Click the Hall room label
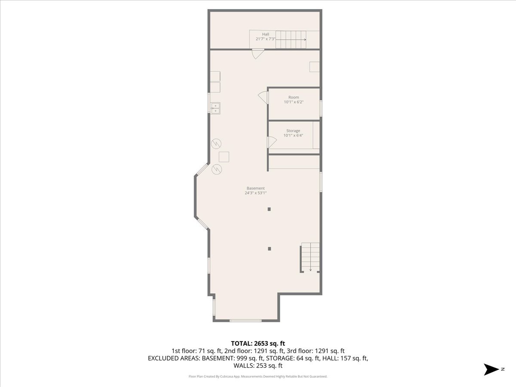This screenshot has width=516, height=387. [265, 34]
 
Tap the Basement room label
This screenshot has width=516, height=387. [255, 188]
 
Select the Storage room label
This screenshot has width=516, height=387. [293, 131]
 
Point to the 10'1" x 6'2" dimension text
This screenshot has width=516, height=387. [294, 102]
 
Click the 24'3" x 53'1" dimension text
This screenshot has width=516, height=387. [255, 193]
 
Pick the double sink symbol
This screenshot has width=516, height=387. [215, 108]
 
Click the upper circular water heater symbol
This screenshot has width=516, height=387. [216, 144]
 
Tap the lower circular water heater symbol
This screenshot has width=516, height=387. [217, 169]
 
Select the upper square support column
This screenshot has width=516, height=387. [269, 209]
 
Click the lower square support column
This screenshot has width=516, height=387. [270, 249]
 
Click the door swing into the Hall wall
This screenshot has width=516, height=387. [258, 54]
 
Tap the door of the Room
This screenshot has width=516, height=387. [263, 97]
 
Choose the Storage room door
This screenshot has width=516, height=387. [272, 142]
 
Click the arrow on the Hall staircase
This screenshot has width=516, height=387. [291, 40]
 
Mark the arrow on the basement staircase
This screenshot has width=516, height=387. [310, 257]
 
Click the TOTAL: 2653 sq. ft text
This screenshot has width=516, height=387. [258, 344]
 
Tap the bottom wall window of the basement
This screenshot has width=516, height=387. [246, 321]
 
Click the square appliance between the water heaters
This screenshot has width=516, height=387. [224, 157]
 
